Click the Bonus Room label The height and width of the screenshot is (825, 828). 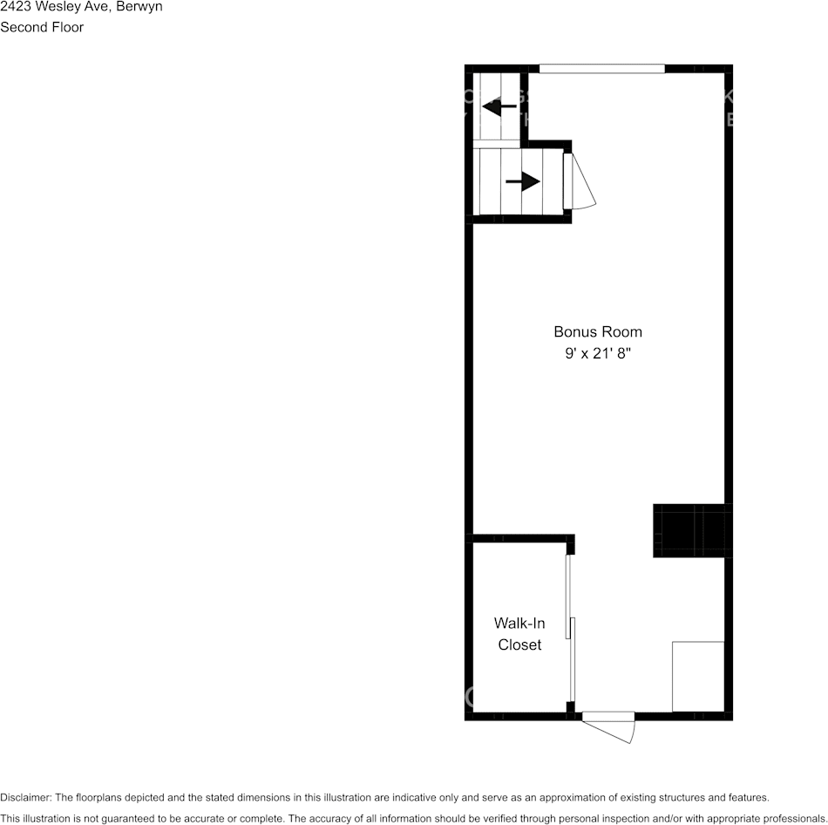[598, 331]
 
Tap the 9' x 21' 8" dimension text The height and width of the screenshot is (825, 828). [598, 354]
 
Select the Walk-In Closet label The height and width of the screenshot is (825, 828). [519, 634]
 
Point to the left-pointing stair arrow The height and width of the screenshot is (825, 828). [499, 107]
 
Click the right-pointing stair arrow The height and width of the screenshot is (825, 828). [522, 181]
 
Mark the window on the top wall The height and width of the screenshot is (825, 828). [601, 69]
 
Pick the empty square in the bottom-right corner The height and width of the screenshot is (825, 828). [697, 676]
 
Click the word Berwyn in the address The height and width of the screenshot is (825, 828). [139, 7]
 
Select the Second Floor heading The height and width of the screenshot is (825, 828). [42, 27]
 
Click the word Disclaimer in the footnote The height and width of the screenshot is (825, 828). [25, 797]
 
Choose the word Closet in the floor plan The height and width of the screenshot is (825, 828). [519, 645]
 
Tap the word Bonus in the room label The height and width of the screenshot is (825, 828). [572, 331]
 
